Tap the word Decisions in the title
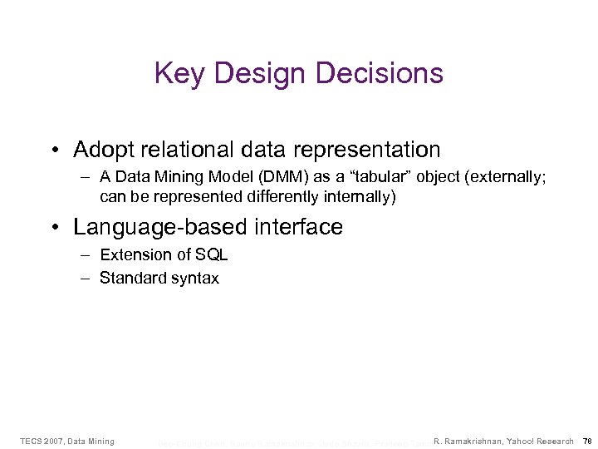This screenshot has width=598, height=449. click(385, 74)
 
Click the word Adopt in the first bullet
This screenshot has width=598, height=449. click(102, 150)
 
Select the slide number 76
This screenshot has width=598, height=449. click(587, 441)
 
